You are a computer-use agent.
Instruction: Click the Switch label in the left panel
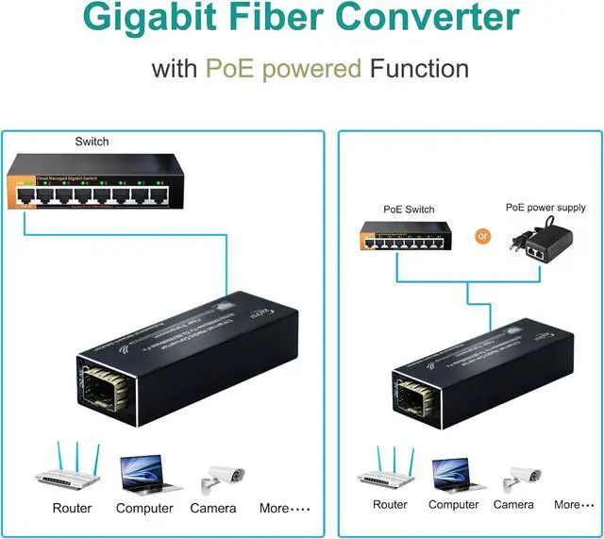point(92,142)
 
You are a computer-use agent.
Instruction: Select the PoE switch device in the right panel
point(405,235)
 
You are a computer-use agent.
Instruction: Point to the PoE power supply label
point(545,208)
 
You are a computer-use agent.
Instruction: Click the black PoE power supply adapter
point(538,241)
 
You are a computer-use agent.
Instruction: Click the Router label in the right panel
point(390,504)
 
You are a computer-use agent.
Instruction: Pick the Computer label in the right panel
point(455,504)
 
